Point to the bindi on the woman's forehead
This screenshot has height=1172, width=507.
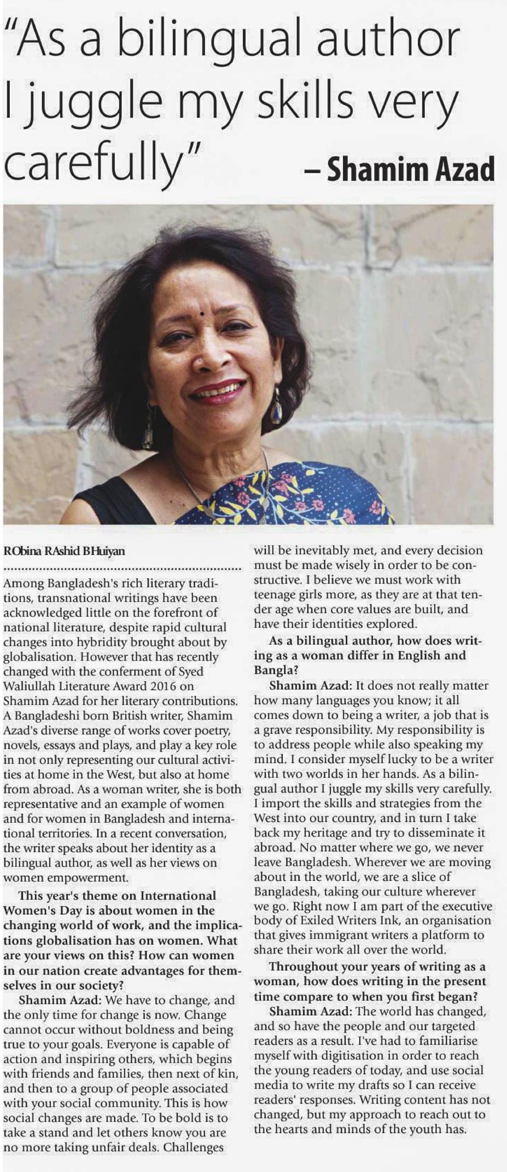point(202,314)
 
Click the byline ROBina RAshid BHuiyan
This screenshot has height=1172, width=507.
point(64,551)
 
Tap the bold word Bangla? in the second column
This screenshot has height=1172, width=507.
point(276,670)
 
